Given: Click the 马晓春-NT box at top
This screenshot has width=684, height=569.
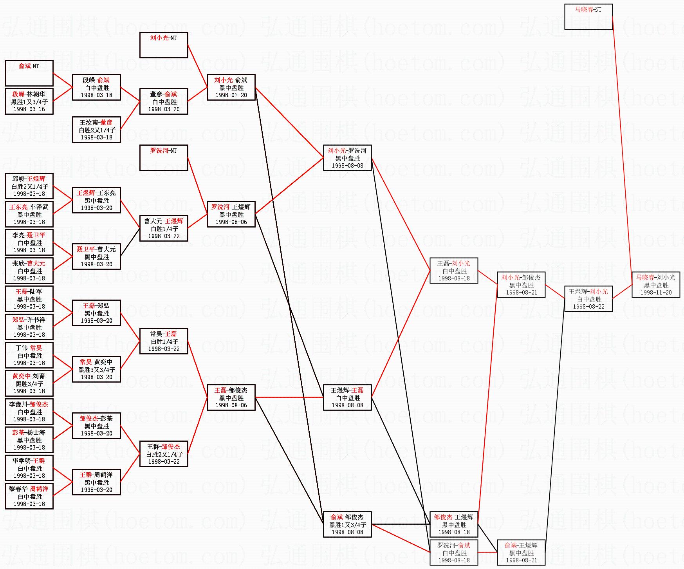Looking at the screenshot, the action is tap(588, 17).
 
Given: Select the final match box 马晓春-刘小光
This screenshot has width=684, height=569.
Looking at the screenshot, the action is tap(656, 285).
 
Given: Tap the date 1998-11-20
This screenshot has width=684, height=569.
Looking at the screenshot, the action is tap(656, 293).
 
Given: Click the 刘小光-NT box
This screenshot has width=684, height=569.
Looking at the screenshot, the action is tap(164, 45).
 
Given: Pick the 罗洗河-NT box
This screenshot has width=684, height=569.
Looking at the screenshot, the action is tap(164, 158).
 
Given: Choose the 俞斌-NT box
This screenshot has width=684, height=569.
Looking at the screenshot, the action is tap(29, 73).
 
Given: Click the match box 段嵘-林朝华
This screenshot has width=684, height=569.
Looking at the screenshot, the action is tap(29, 101).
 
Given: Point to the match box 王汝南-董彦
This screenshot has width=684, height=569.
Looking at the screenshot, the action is tap(96, 130).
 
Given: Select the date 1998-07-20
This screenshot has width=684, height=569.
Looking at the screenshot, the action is tap(231, 95).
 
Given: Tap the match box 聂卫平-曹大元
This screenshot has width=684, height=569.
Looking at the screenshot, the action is tap(96, 257).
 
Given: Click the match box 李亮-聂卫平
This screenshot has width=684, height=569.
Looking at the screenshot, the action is tap(29, 242).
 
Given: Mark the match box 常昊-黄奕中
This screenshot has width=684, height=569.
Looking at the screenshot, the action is tap(96, 369).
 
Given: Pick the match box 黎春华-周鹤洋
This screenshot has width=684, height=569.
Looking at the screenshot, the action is tap(29, 496).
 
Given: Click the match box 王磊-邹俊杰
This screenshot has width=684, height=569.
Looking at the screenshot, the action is tap(231, 397).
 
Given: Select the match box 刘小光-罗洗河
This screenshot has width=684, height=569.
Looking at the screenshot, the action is tap(347, 158).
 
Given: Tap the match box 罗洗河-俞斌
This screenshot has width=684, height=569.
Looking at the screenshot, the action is tap(454, 553).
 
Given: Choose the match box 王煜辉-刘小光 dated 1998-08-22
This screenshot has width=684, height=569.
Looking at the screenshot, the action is tap(588, 299).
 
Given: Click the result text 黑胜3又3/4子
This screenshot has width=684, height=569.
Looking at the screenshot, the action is tap(96, 370).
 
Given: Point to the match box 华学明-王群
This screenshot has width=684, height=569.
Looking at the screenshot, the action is tap(29, 468).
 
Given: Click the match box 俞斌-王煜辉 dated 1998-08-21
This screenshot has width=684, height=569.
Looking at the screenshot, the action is tap(521, 553).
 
